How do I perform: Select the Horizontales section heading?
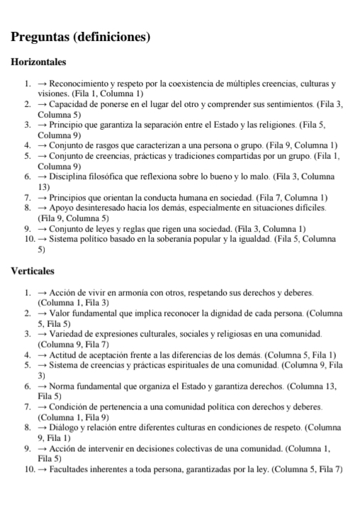pos(39,62)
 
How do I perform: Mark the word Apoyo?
pos(62,207)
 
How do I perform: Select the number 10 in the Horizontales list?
pos(25,238)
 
